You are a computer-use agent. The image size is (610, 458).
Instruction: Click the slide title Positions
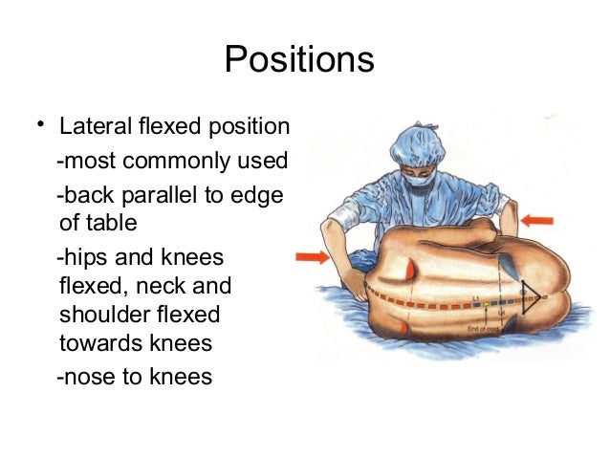tap(298, 59)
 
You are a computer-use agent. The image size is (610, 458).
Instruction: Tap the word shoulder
tap(99, 315)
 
